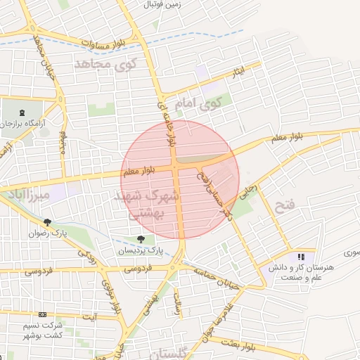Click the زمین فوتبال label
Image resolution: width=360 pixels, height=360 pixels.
tap(162, 4)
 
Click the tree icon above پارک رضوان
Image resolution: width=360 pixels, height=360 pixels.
tap(47, 222)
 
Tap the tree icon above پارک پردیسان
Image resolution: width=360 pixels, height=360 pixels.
tap(144, 238)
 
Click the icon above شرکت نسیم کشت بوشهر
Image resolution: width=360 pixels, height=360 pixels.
tap(43, 315)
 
